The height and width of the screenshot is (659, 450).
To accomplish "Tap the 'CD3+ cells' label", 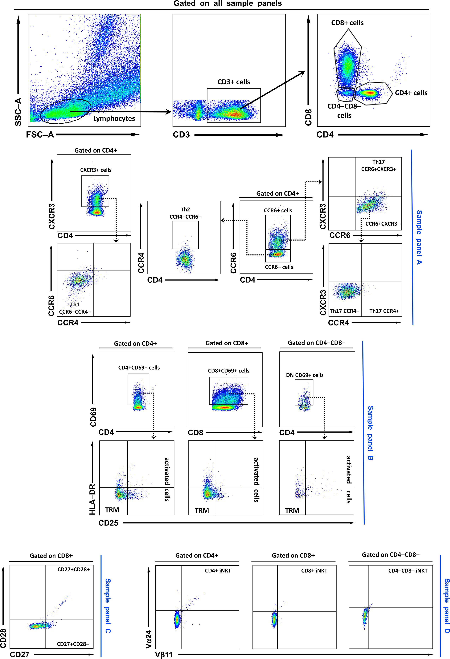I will point(234,82).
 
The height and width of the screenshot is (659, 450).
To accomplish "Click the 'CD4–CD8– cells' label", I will point(344,111).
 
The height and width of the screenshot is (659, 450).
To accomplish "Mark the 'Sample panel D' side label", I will point(447,606).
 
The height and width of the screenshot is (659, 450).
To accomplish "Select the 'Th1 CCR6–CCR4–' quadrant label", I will point(75,308).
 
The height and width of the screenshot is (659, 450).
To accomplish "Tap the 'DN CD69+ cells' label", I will point(305,375).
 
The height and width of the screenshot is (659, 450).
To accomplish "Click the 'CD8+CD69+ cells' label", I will point(228,371).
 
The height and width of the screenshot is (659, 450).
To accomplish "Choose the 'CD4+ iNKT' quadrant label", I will point(218,571).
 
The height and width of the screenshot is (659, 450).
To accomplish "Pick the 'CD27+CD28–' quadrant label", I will point(73,644).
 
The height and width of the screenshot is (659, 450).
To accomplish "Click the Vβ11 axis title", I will point(164,654).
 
